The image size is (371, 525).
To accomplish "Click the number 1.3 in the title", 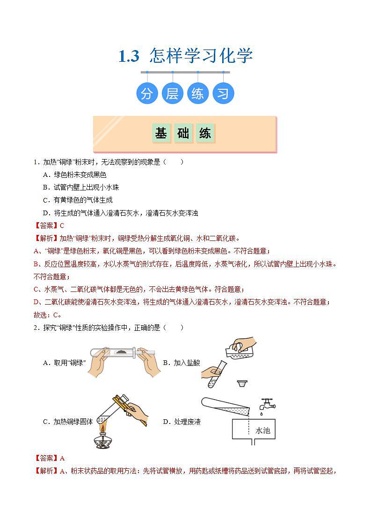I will tap(129, 56).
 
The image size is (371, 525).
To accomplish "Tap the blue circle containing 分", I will tap(147, 94).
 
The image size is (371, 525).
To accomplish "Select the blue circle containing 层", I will tap(172, 94).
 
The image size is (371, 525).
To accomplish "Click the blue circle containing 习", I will tap(223, 94).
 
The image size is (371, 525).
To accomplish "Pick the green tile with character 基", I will tap(161, 133).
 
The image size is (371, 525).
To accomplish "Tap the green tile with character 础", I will tap(183, 133).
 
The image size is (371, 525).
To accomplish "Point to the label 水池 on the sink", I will tap(262, 430).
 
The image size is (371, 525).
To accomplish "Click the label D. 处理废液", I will tap(182, 422).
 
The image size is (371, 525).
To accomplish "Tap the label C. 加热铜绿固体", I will tap(68, 422).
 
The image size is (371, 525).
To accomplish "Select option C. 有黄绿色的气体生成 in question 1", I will tap(77, 200).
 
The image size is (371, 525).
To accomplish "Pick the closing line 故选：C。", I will tap(48, 314).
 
